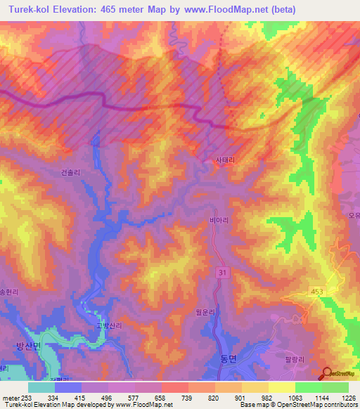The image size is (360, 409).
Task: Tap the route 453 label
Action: coord(317,291)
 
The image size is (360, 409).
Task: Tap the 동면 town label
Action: coord(221,358)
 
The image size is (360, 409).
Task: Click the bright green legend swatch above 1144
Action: coord(308,387)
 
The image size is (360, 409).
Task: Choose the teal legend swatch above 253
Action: coord(41,387)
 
